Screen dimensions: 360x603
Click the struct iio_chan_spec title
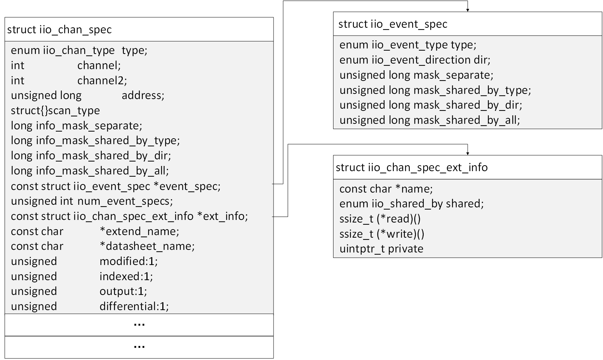pos(59,30)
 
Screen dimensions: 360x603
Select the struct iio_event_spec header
pos(393,24)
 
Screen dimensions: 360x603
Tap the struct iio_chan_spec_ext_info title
pos(411,167)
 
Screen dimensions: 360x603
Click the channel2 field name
pos(102,81)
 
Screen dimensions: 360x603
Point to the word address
pos(143,95)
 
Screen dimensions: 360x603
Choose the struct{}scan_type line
pos(55,111)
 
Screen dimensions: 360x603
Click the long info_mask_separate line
pos(77,126)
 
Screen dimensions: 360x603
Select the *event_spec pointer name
pos(187,186)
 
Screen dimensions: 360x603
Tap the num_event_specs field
pos(125,201)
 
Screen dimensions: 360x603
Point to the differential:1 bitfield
pos(134,306)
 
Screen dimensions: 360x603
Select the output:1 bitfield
pos(123,291)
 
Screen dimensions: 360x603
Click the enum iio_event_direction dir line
pos(415,60)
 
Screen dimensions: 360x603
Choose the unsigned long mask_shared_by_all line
pos(430,120)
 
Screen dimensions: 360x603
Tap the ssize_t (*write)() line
pos(382,234)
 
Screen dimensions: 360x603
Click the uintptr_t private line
pos(381,249)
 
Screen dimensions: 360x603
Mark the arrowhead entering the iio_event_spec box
pos(468,10)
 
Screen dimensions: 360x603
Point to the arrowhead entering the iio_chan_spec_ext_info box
pos(468,153)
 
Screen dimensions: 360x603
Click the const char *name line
pos(386,189)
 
